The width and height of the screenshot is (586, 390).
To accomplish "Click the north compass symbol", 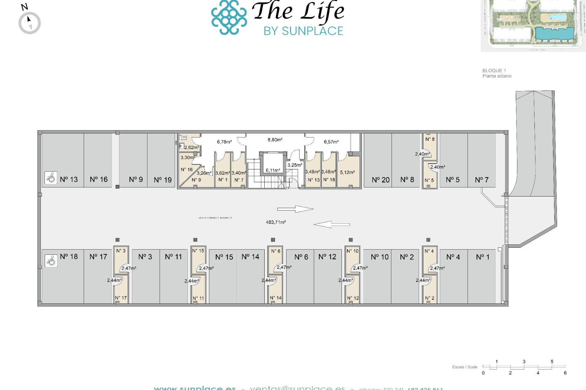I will (29, 23).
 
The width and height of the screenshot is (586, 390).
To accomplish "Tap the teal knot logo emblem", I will (229, 17).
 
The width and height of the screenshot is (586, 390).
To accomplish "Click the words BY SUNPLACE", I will (303, 31).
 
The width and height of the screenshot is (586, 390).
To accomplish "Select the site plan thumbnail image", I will (533, 25).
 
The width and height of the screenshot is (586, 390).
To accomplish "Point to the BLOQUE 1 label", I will (494, 70).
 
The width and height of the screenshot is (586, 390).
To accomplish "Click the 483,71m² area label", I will (276, 222).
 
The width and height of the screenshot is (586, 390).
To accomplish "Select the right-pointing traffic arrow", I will (295, 209).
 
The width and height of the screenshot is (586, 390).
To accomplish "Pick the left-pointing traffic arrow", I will (331, 225).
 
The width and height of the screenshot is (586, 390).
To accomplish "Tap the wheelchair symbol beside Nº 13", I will (51, 178).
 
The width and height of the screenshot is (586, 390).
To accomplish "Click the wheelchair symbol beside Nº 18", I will (51, 261).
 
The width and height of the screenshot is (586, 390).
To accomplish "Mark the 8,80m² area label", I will (275, 140).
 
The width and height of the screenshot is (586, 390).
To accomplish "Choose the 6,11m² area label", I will (273, 170).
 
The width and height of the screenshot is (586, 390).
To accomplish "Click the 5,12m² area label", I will (347, 172).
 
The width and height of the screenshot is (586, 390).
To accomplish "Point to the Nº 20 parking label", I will (381, 180).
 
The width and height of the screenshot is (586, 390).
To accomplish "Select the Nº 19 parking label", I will (163, 180).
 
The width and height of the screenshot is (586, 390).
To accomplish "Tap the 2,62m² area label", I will (191, 147).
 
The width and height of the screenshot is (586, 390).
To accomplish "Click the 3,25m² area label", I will (295, 165).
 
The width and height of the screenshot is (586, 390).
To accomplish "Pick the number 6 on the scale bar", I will (565, 373).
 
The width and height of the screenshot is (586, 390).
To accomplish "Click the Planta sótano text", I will (497, 76).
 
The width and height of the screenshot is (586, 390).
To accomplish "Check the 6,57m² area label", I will (331, 142).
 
